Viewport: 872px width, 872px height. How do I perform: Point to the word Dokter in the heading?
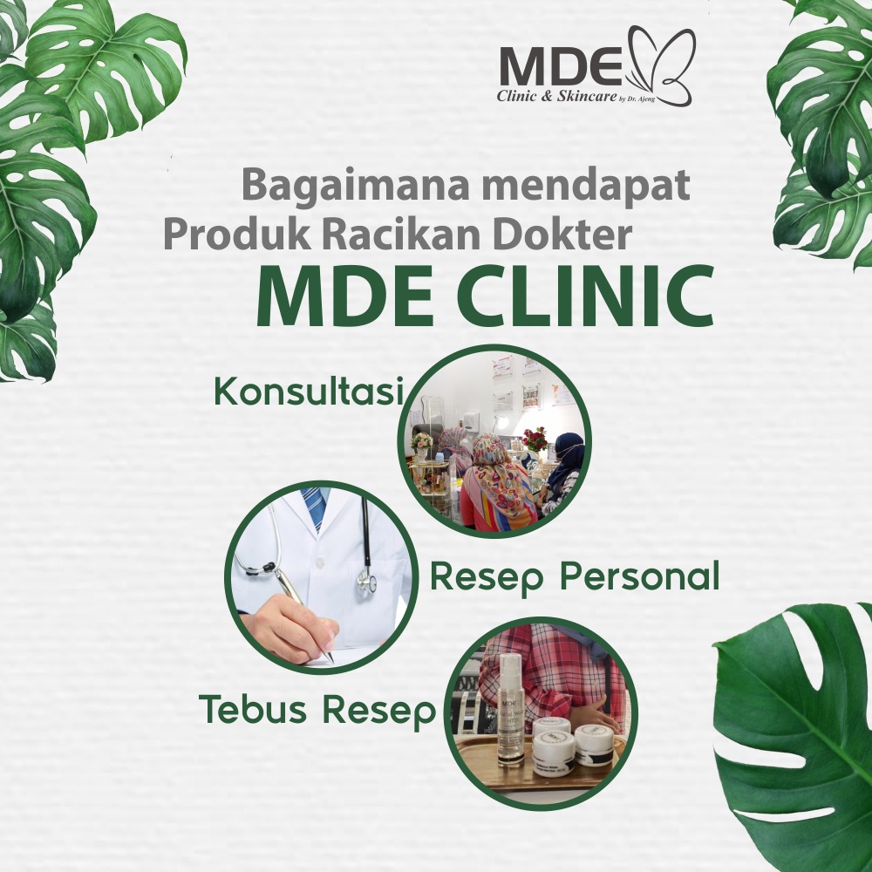562,234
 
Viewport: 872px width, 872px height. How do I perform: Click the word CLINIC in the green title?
586,297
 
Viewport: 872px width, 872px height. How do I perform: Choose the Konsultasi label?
309,391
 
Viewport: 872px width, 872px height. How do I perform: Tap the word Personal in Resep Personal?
639,577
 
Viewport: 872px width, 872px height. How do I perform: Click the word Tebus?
253,710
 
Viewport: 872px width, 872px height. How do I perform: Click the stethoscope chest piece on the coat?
367,582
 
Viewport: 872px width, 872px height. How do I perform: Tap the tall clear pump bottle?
511,710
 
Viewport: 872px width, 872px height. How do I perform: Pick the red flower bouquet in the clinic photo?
535,439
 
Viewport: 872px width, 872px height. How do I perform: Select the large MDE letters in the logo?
561,65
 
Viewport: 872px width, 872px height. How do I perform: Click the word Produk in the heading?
237,234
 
